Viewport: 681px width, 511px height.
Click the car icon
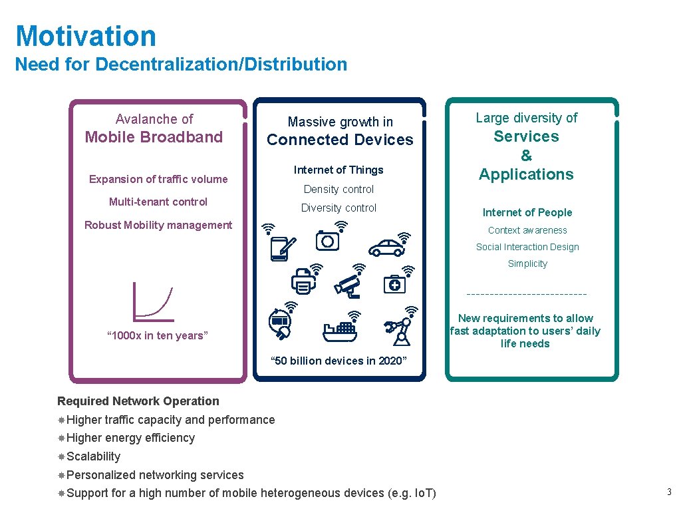coord(386,248)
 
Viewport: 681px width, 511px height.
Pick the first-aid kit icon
coord(394,284)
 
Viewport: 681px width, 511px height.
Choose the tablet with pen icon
coord(280,248)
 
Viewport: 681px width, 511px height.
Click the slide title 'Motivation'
coord(86,36)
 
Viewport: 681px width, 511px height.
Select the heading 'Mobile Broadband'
coord(154,137)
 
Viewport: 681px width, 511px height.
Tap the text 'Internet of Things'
coord(339,170)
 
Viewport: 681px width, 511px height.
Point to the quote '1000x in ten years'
coord(158,335)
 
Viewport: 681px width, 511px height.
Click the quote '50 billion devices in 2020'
coord(339,361)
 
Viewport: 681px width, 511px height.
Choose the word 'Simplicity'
coord(527,263)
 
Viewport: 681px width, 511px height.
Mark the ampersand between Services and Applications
coord(526,156)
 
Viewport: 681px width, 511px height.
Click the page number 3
coord(670,492)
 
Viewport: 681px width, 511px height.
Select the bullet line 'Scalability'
coord(93,456)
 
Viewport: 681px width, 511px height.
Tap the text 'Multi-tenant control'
coord(158,202)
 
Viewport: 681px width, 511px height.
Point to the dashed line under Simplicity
coord(527,294)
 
